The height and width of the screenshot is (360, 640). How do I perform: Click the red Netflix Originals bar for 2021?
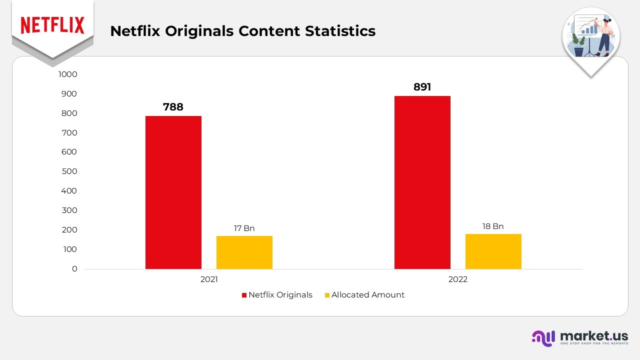(173, 192)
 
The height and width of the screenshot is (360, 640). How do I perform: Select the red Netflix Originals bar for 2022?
(422, 182)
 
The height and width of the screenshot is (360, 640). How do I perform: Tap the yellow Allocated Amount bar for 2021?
(244, 252)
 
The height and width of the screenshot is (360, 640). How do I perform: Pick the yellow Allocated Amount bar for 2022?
(493, 251)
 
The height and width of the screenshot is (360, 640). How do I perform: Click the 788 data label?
(173, 107)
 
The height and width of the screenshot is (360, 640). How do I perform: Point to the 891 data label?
(422, 87)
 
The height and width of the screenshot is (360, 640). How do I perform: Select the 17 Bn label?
(244, 228)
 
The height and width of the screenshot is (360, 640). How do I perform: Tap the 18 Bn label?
(493, 226)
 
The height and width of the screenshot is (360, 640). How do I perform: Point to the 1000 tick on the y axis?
(67, 74)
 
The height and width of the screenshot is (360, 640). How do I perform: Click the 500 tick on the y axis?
(69, 171)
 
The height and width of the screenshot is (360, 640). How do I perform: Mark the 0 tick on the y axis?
(74, 269)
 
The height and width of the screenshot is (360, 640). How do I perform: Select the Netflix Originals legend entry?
(277, 295)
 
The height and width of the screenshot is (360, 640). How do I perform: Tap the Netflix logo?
(52, 25)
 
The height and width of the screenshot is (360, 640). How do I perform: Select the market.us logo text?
(594, 336)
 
